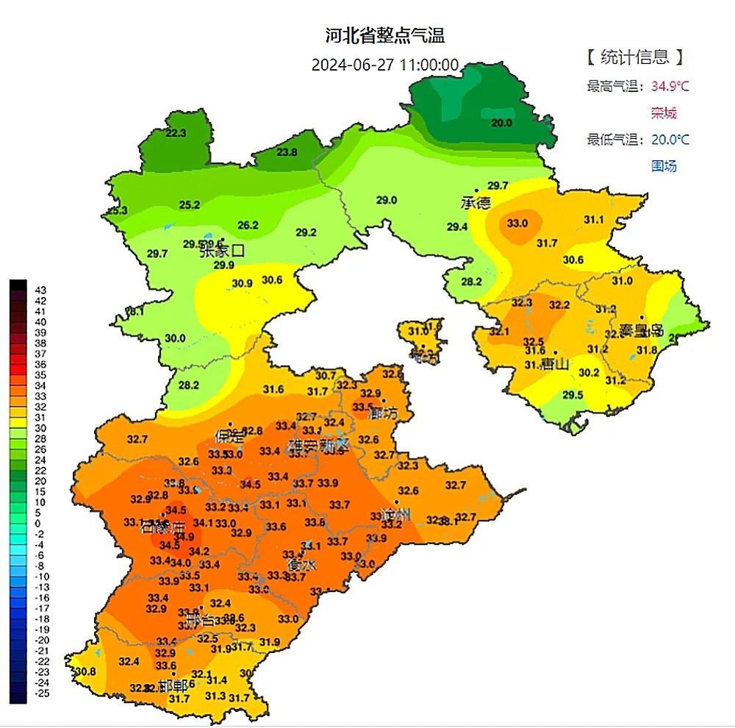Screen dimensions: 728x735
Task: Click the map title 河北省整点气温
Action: (386, 35)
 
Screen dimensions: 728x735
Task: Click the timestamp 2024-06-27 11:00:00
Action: (385, 65)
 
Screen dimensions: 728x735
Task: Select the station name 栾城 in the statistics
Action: (663, 113)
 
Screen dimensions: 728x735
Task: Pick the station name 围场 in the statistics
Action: (663, 166)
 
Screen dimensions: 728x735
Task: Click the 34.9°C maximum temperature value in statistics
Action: (670, 87)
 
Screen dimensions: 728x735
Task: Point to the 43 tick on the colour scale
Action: (41, 290)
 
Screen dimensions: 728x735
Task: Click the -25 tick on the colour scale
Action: (41, 693)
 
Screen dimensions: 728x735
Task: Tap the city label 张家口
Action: (221, 251)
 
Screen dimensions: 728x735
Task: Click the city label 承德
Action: (476, 202)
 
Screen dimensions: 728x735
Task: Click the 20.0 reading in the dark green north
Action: (501, 123)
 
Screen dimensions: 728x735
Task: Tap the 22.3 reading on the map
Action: (176, 133)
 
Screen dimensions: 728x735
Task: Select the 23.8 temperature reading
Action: (287, 152)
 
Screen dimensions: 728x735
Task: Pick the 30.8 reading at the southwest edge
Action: (85, 671)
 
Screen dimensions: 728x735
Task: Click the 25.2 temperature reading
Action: (190, 204)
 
